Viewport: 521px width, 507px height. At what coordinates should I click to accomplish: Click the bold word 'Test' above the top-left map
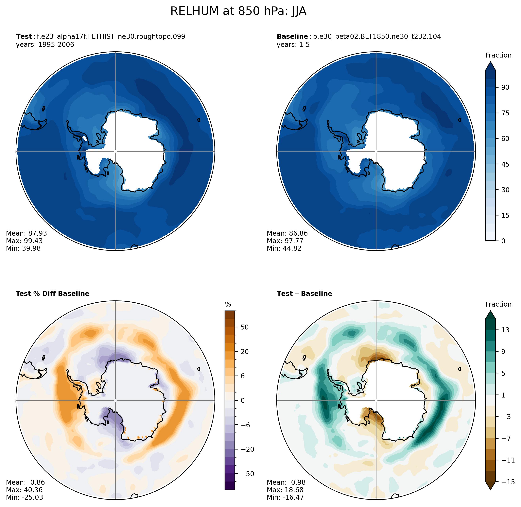24,37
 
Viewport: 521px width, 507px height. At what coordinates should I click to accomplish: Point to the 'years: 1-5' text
293,44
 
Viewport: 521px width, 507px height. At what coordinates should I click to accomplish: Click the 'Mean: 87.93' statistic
26,233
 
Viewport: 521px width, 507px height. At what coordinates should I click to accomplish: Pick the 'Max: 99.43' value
24,241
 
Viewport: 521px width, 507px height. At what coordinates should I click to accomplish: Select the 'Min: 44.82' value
284,248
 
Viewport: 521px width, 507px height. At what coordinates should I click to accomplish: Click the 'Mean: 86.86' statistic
287,233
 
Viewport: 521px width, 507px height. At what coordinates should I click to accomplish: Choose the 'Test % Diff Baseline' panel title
52,294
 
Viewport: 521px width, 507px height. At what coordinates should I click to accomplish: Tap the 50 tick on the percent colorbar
245,327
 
